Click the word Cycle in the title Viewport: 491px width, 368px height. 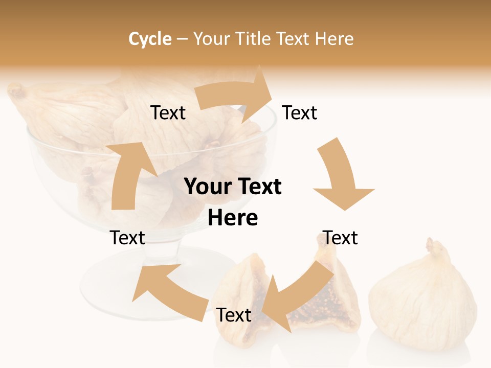coord(150,39)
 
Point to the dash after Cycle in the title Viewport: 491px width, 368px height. coord(182,39)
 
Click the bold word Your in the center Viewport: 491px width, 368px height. coord(207,187)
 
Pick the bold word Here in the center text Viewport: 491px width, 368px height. coord(233,218)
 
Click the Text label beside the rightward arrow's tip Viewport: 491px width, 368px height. coord(300,112)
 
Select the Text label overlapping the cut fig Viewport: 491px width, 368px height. coord(234,315)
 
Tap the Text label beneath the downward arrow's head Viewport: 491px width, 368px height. coord(340,238)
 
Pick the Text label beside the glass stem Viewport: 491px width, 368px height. coord(127,238)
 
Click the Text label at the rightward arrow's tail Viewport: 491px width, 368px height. coord(168,112)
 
